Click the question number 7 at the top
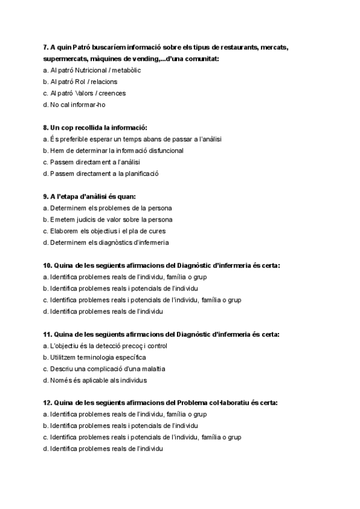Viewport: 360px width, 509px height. [46, 47]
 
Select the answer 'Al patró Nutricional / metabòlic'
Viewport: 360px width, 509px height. [92, 70]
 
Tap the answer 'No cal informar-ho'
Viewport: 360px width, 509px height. [74, 104]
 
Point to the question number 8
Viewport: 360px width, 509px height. [46, 127]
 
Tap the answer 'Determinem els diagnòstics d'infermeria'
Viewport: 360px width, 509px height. [106, 242]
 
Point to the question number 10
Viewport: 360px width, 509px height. [47, 265]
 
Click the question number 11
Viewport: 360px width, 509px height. [47, 334]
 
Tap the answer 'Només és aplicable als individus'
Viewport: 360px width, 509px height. [95, 380]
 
